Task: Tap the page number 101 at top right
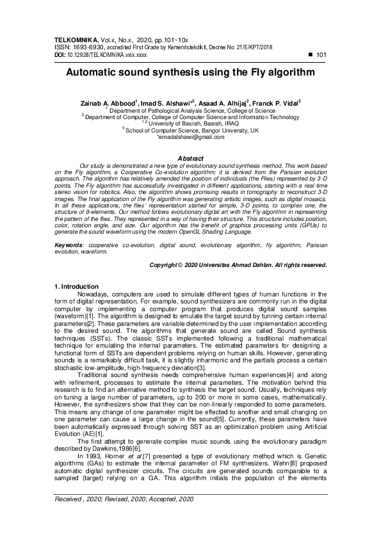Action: tap(322, 56)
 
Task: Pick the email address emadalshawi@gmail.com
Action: tap(191, 137)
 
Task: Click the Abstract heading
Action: tap(190, 158)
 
